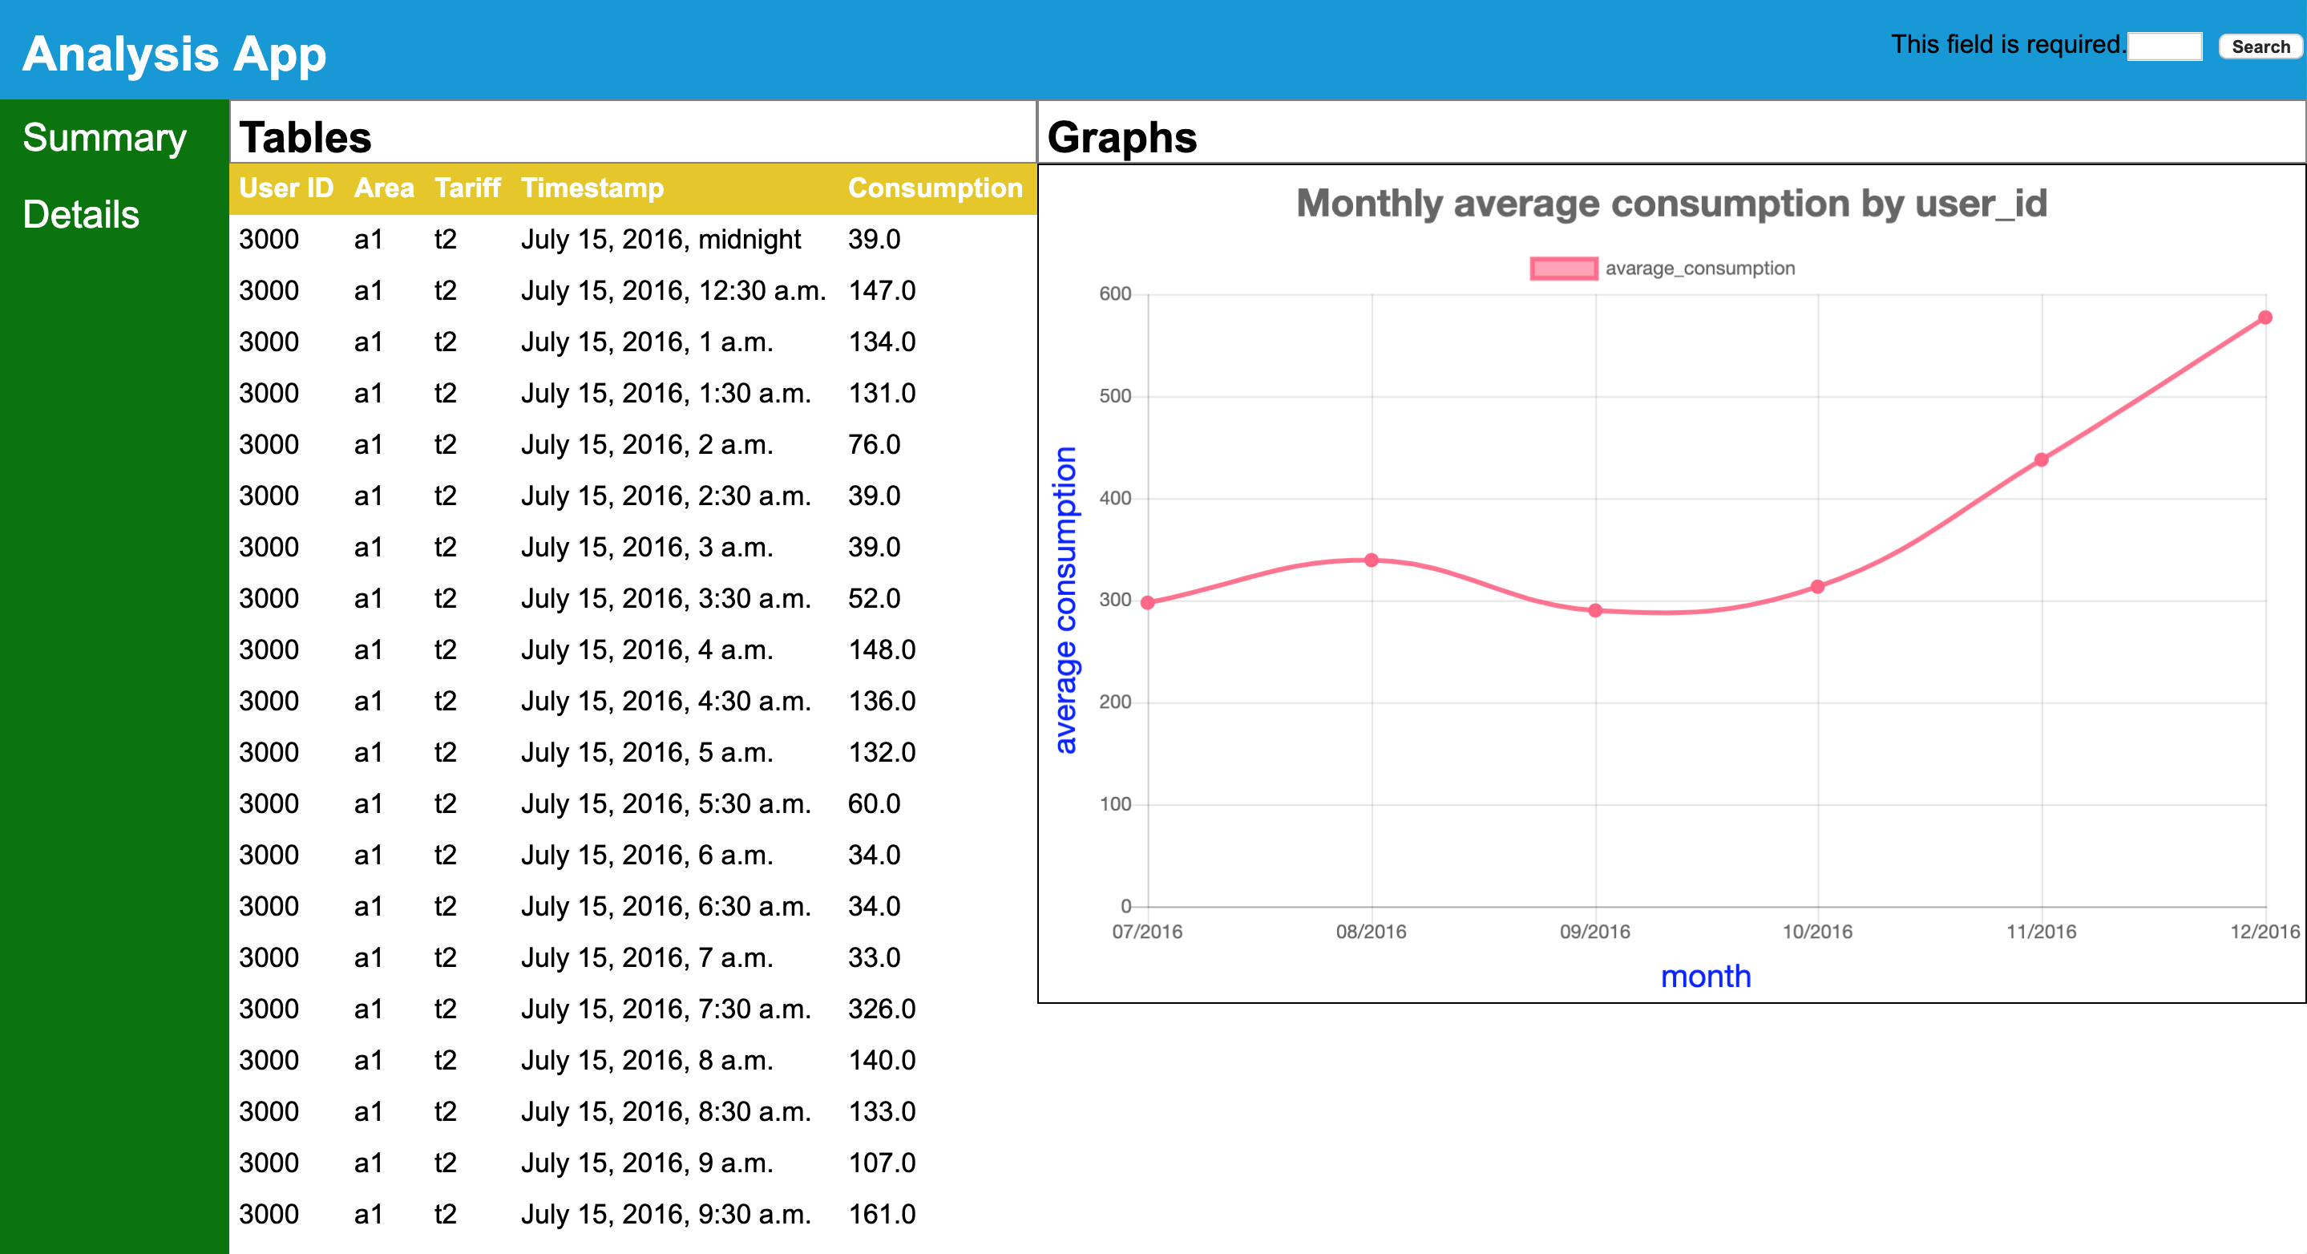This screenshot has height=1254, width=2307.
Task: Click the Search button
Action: (2260, 47)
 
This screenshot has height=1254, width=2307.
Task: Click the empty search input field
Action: (2164, 47)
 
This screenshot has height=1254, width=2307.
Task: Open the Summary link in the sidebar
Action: (105, 138)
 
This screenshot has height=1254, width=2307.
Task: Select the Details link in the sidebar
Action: (82, 215)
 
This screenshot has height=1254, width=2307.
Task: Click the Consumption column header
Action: (934, 188)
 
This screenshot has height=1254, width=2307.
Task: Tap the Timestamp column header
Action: (592, 188)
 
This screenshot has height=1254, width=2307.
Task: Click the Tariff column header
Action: (467, 188)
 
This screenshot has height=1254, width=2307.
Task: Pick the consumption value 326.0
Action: (881, 1009)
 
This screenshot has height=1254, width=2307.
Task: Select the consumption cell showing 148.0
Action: (881, 649)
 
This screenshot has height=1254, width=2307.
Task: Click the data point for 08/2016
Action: (1371, 560)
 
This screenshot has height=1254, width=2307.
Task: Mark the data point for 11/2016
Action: (2041, 459)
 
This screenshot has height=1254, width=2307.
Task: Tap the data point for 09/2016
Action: (1595, 611)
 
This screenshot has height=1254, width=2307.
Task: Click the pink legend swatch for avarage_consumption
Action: (1563, 268)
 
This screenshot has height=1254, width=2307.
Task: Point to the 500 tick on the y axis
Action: (1115, 396)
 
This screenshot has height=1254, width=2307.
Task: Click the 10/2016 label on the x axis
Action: (1817, 932)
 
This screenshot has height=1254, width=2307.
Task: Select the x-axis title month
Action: (1705, 976)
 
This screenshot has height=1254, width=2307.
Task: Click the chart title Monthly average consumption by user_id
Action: (1671, 204)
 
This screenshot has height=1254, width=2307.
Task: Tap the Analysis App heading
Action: (175, 54)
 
